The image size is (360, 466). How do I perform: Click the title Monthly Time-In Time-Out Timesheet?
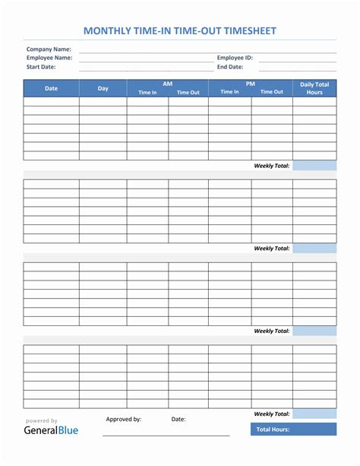179,31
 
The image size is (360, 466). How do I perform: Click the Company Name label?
49,49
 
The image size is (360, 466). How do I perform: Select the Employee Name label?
49,58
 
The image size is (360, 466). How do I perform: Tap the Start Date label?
41,67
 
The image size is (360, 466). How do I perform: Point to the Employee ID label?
235,58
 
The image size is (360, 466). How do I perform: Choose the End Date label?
229,67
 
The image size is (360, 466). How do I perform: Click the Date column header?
51,88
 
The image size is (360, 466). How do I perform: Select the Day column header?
103,88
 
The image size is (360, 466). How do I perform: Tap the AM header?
167,84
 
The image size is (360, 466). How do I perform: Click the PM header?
250,84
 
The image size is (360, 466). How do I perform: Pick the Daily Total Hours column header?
314,88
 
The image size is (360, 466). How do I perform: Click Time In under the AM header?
147,92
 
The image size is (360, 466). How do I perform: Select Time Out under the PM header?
271,92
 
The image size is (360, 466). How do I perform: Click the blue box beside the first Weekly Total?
314,166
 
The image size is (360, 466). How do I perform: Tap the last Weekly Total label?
272,414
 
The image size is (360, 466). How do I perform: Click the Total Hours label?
272,430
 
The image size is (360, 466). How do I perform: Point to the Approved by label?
124,419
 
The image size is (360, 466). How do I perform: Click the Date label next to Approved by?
178,419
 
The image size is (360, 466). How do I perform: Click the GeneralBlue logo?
52,430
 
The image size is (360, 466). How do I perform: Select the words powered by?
42,420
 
